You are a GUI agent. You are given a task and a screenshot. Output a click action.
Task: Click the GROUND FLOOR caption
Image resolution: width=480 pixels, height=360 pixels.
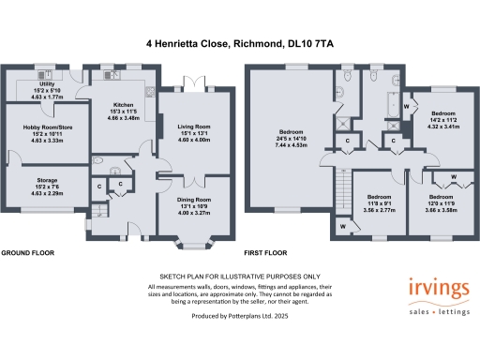(x=27, y=253)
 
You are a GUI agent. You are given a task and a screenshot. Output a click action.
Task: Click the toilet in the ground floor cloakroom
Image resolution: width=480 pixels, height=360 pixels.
(x=98, y=160)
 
